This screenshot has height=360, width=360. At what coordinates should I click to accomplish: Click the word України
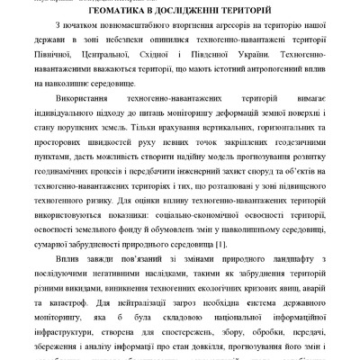click(294, 57)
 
